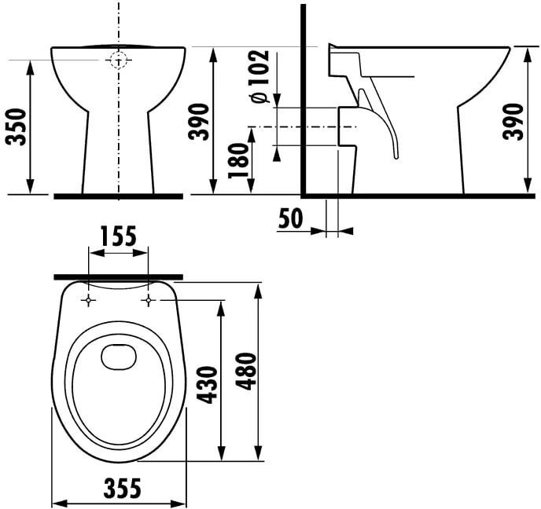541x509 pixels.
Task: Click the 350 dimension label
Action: coord(17,126)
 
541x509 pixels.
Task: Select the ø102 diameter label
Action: coord(260,76)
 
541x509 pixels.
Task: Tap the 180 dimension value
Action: coord(238,160)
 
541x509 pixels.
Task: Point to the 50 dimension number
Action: coord(290,218)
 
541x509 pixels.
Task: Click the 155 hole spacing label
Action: coord(119,236)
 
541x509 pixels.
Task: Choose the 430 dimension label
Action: coord(207,385)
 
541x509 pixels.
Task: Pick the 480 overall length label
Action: coord(247,372)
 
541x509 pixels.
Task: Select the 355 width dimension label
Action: coord(123,488)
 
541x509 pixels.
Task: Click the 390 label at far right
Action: coord(513,121)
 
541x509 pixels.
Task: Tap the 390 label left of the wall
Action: coord(199,121)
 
